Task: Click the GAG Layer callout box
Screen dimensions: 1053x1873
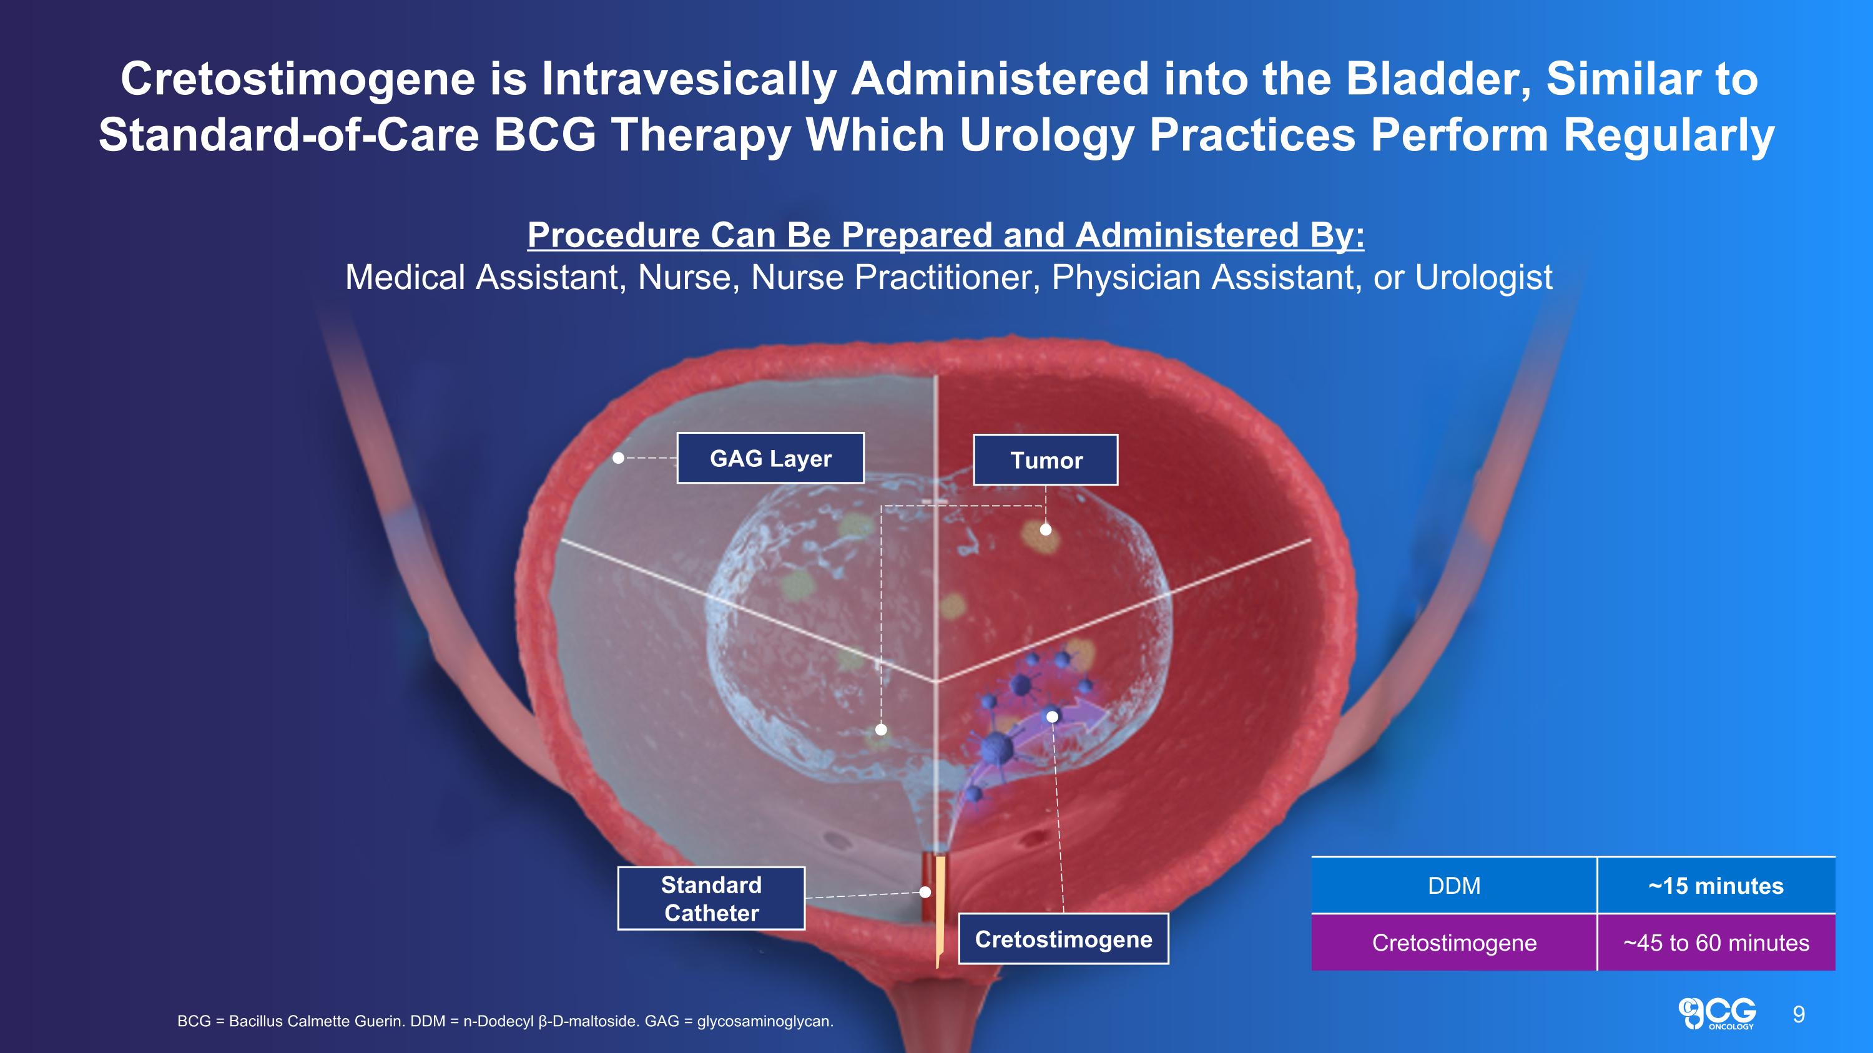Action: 770,458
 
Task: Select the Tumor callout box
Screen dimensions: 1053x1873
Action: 1045,460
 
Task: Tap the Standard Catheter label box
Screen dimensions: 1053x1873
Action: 710,898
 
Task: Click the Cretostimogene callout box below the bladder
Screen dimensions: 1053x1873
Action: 1063,939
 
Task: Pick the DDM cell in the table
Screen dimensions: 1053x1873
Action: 1453,885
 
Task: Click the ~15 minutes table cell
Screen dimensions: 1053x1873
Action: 1715,885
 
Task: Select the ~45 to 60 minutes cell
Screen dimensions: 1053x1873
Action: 1715,943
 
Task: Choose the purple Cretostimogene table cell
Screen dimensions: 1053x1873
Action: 1453,943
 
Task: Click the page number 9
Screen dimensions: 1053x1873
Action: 1798,1014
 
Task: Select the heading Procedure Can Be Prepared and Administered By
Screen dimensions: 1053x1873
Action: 945,235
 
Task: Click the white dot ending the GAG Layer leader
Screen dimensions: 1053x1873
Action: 618,458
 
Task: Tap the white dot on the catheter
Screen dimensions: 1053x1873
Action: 925,892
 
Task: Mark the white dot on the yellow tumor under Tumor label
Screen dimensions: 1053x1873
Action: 1046,530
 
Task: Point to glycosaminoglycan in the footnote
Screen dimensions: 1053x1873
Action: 764,1021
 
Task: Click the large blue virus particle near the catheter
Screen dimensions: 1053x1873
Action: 997,747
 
